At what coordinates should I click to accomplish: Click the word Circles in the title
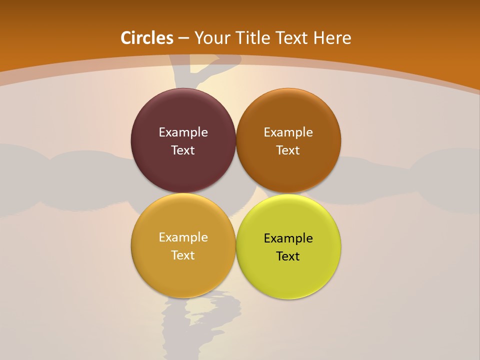[147, 38]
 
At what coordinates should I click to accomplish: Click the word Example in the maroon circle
[183, 132]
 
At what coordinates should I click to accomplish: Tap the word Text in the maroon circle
[183, 150]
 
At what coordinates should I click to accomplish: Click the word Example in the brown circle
[288, 132]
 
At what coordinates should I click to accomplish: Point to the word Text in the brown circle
[288, 150]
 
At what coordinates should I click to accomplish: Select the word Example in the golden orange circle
[183, 237]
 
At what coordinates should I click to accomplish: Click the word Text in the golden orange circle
[183, 255]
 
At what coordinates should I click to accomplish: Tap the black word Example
[288, 238]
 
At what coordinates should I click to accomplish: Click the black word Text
[288, 256]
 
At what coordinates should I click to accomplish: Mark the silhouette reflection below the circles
[200, 320]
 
